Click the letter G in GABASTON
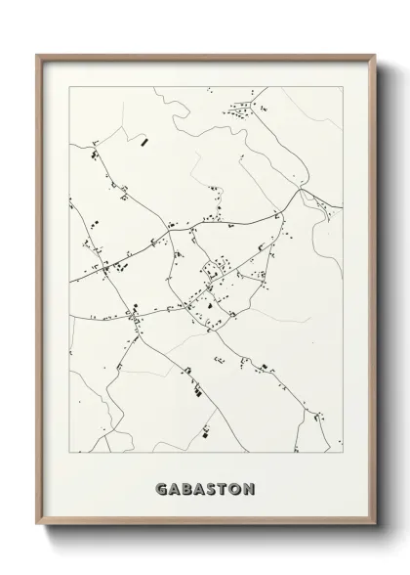160,489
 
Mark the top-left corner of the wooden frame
38,54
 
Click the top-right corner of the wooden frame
373,54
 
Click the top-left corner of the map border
68,86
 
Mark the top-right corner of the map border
343,86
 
